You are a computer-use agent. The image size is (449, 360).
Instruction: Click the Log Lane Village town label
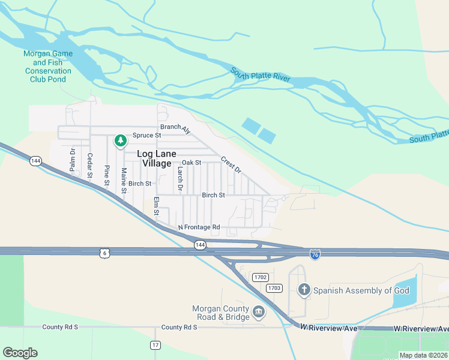(155, 158)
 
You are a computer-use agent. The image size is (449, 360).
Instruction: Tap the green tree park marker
(120, 140)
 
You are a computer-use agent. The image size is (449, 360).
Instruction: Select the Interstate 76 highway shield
(315, 254)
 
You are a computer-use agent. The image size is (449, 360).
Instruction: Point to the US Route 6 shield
(104, 254)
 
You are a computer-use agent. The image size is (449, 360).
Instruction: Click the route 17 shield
(155, 345)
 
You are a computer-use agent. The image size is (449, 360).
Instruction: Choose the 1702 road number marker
(260, 277)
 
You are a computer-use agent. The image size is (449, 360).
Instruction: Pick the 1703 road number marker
(274, 288)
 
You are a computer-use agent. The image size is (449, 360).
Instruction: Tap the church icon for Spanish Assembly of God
(304, 290)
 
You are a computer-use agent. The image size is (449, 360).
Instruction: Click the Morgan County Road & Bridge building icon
(259, 311)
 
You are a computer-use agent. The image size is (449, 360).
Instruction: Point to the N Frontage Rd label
(199, 227)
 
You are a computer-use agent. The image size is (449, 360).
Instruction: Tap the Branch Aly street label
(175, 128)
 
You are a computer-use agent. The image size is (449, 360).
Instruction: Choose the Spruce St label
(147, 135)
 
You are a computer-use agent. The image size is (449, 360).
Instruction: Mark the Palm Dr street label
(73, 160)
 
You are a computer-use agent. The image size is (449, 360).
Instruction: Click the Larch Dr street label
(179, 179)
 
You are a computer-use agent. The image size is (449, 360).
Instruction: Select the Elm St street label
(156, 206)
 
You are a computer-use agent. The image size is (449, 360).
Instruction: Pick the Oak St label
(191, 163)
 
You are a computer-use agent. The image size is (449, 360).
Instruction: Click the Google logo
(20, 353)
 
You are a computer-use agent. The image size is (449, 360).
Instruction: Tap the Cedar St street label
(90, 166)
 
